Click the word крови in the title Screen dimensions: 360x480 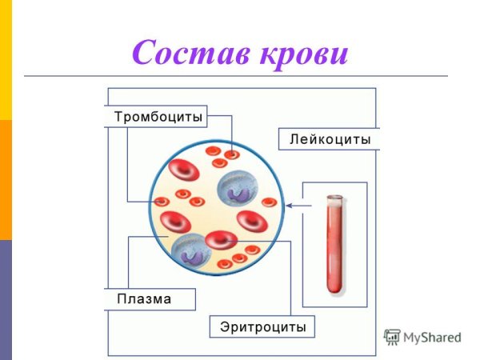pyautogui.click(x=304, y=53)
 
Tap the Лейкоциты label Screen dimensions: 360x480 pyautogui.click(x=329, y=139)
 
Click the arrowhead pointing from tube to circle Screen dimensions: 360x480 pyautogui.click(x=290, y=206)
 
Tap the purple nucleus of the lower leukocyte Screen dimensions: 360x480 pyautogui.click(x=191, y=255)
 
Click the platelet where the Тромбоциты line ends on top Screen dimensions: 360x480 pyautogui.click(x=231, y=154)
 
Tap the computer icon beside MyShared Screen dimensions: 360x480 pyautogui.click(x=391, y=337)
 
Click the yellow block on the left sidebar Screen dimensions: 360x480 pyautogui.click(x=6, y=60)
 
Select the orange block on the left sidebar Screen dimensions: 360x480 pyautogui.click(x=6, y=180)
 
